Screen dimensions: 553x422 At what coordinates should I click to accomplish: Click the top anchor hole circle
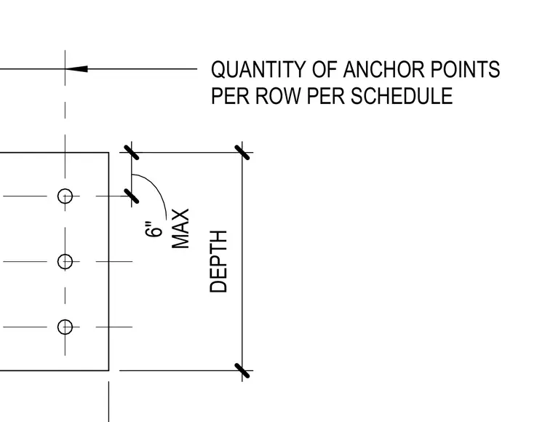65,196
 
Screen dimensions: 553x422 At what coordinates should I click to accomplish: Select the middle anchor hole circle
65,262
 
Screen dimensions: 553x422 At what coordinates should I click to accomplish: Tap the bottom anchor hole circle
65,327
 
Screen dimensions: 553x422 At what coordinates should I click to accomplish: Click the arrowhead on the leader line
76,68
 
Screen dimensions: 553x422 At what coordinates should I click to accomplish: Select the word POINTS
465,69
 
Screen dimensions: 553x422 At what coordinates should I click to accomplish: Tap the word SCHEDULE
402,95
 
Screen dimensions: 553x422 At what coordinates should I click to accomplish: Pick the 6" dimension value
154,229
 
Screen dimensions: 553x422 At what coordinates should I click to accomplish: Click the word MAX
180,228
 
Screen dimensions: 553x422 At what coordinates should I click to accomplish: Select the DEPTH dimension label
218,262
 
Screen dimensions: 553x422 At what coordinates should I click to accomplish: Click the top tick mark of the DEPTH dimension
242,152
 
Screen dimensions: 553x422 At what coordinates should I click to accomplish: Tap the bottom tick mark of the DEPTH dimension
242,370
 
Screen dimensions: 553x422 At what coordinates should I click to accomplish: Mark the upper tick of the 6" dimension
132,152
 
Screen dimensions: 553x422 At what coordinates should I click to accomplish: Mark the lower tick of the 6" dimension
132,196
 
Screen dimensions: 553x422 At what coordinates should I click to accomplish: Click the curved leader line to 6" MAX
158,188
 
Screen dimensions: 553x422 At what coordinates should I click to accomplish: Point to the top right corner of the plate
108,152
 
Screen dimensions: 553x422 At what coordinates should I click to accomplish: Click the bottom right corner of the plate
108,370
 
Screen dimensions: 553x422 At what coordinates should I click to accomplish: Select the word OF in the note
324,69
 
